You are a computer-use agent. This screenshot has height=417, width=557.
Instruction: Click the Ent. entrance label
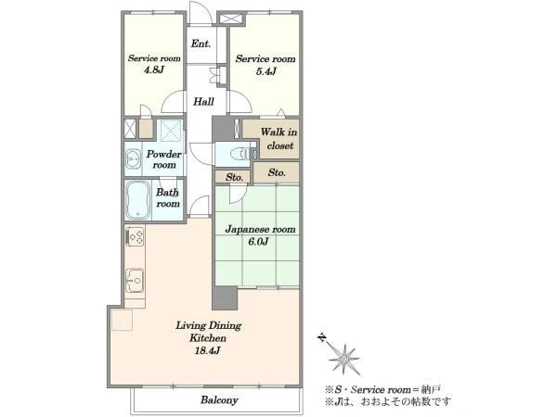pyautogui.click(x=201, y=44)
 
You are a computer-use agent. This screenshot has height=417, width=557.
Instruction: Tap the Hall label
pyautogui.click(x=203, y=102)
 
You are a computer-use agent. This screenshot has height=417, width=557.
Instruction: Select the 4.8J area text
pyautogui.click(x=153, y=69)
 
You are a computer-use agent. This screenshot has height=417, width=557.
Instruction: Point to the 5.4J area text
pyautogui.click(x=266, y=71)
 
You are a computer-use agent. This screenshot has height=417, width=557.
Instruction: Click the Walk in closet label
pyautogui.click(x=279, y=139)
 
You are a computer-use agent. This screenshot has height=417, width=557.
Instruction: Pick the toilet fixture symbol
pyautogui.click(x=240, y=154)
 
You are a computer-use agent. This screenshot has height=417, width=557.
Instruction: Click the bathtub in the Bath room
pyautogui.click(x=137, y=200)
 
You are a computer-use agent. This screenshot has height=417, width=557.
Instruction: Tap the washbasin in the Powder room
pyautogui.click(x=133, y=158)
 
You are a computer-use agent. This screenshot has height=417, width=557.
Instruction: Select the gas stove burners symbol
pyautogui.click(x=136, y=236)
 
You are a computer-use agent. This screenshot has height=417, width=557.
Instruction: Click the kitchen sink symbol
pyautogui.click(x=135, y=280)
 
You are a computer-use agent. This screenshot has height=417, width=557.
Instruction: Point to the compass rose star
pyautogui.click(x=343, y=360)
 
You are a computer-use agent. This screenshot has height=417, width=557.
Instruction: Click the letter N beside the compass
pyautogui.click(x=322, y=337)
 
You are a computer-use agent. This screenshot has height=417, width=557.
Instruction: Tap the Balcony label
pyautogui.click(x=219, y=400)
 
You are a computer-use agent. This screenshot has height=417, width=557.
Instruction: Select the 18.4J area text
pyautogui.click(x=208, y=350)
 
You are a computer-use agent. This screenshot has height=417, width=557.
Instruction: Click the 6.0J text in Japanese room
pyautogui.click(x=258, y=242)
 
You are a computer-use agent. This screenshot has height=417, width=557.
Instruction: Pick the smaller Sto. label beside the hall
pyautogui.click(x=234, y=177)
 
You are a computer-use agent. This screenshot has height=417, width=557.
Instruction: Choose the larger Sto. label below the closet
pyautogui.click(x=277, y=172)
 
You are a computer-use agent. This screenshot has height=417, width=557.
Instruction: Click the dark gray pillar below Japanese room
pyautogui.click(x=224, y=297)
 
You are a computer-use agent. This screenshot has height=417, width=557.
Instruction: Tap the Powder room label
pyautogui.click(x=163, y=159)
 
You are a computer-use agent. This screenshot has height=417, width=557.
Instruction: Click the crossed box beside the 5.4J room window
pyautogui.click(x=231, y=19)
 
